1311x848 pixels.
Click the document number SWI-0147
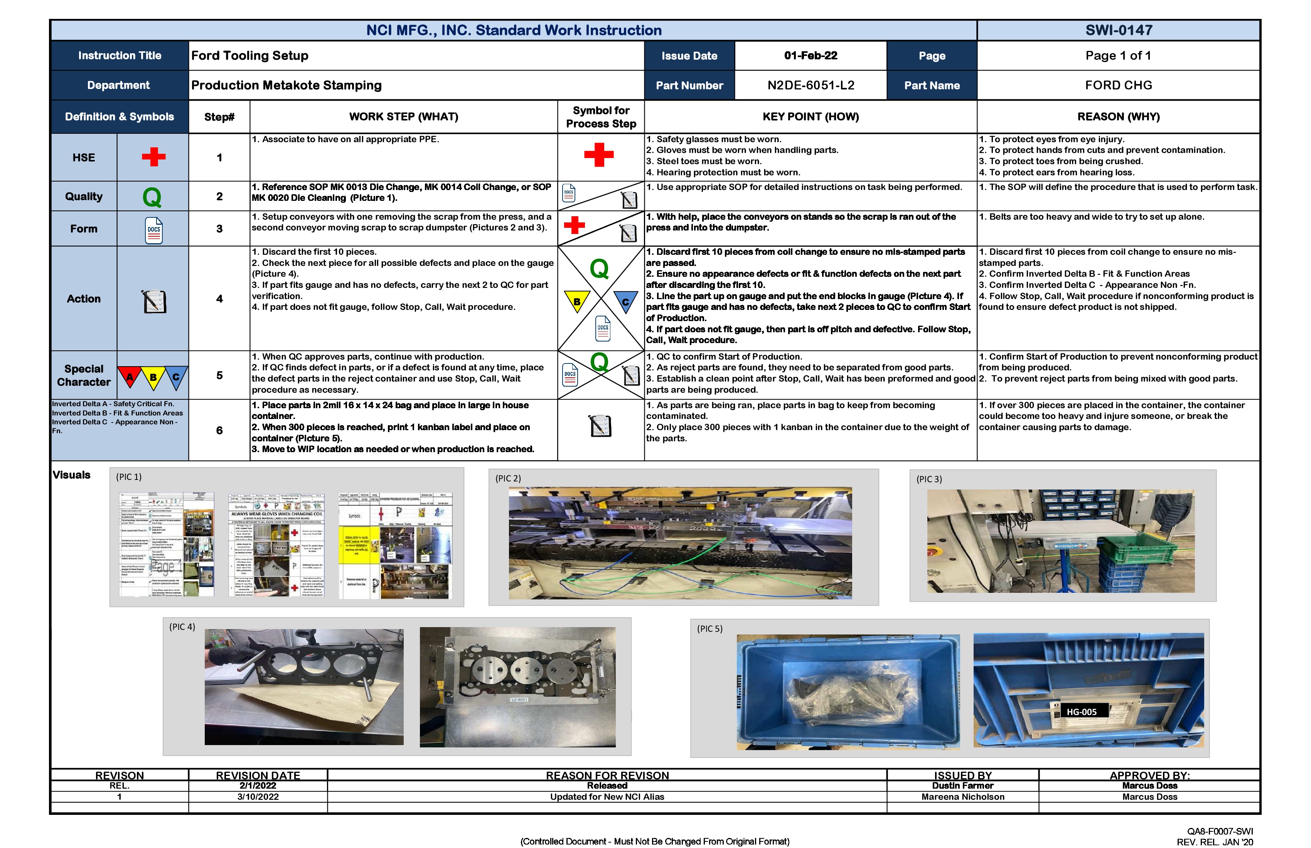tap(1118, 30)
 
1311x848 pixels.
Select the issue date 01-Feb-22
tap(810, 56)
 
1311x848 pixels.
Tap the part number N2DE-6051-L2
tap(810, 85)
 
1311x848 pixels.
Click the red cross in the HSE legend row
tap(154, 157)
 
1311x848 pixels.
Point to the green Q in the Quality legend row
tap(152, 197)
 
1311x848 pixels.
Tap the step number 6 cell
tap(219, 431)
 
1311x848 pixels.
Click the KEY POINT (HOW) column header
tap(810, 117)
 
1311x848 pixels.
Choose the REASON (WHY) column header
tap(1118, 117)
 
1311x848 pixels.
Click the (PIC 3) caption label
tap(929, 479)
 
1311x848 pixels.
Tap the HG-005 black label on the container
tap(1081, 712)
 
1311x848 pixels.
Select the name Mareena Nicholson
tap(962, 797)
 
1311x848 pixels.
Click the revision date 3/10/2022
tap(258, 797)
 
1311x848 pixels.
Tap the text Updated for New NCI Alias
tap(607, 797)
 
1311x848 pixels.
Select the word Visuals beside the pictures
tap(72, 474)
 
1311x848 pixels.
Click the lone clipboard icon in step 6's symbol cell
tap(600, 426)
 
